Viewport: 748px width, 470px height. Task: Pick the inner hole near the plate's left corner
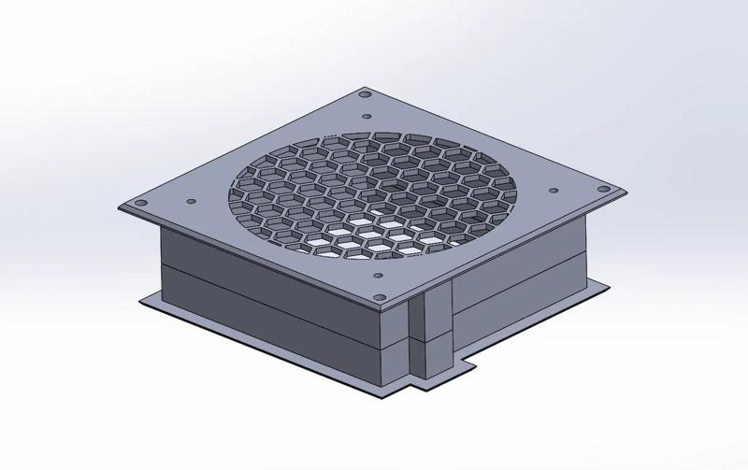coord(191,200)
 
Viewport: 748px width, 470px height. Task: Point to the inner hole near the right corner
coord(554,191)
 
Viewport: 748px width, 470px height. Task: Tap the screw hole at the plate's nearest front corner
coord(385,298)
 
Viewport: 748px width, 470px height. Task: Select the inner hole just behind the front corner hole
coord(380,275)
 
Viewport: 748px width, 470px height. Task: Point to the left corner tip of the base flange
coord(143,301)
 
